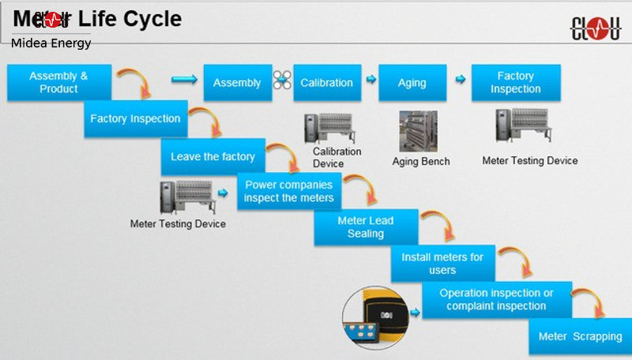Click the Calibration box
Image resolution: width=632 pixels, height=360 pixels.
pyautogui.click(x=327, y=83)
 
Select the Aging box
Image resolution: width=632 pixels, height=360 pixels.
pyautogui.click(x=412, y=83)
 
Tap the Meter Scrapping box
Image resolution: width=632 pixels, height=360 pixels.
pyautogui.click(x=580, y=336)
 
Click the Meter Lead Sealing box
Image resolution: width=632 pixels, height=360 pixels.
pyautogui.click(x=365, y=227)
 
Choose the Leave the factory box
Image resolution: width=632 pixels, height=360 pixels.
pyautogui.click(x=213, y=157)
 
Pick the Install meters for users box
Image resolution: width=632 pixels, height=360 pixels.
pyautogui.click(x=442, y=264)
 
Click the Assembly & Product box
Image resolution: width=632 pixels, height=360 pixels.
pyautogui.click(x=58, y=83)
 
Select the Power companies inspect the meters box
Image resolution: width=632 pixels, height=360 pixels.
pyautogui.click(x=289, y=191)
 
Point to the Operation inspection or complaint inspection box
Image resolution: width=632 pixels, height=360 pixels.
pyautogui.click(x=495, y=299)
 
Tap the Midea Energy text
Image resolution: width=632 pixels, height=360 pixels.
pyautogui.click(x=51, y=43)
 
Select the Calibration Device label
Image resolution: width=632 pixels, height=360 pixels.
pyautogui.click(x=337, y=157)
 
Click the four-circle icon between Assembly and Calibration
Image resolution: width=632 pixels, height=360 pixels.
pyautogui.click(x=282, y=81)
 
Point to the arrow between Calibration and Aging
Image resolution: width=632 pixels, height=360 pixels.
pyautogui.click(x=370, y=81)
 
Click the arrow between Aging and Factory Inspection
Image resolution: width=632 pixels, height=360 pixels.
pyautogui.click(x=460, y=81)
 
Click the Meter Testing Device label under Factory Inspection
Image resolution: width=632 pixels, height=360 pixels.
pyautogui.click(x=529, y=161)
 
